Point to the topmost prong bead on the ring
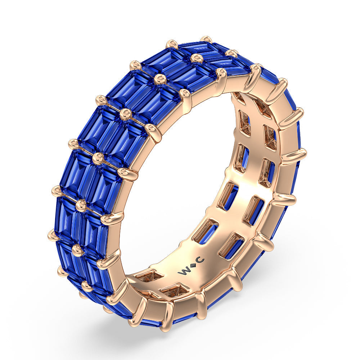tap(206, 39)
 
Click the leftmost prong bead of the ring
tap(53, 235)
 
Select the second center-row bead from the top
tap(196, 58)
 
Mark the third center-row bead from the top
tap(160, 78)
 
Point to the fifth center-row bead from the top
tap(98, 158)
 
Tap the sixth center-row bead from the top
tap(81, 205)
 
